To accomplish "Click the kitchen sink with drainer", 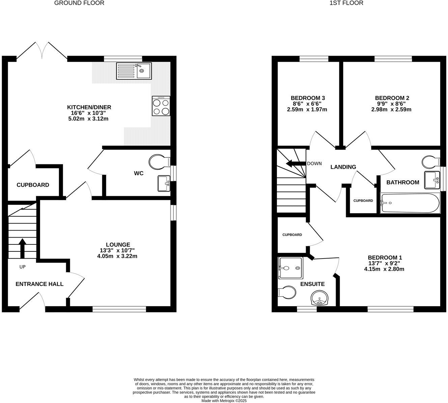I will (x=134, y=71).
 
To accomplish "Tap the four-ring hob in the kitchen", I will (x=161, y=106).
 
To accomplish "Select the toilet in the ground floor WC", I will (x=159, y=162).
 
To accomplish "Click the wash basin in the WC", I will (x=164, y=183).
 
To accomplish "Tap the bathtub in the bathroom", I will (x=410, y=203).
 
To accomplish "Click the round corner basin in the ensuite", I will (x=319, y=298).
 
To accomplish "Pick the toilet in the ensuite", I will (x=286, y=292).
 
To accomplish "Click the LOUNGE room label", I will (x=118, y=245).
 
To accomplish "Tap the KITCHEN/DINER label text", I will (x=89, y=107).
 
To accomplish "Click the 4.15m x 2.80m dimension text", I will (x=384, y=269).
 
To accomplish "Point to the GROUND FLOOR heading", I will (x=79, y=3).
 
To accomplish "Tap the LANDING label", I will (x=343, y=167).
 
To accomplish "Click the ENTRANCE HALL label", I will (x=39, y=284).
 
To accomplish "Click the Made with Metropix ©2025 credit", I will (x=224, y=401).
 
